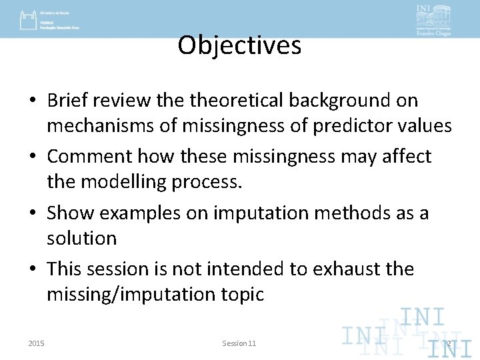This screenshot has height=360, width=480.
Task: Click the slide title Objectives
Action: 239,45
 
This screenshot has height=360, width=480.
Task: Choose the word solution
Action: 81,238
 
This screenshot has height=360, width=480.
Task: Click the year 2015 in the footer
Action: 37,343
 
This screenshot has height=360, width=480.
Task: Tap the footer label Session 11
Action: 239,343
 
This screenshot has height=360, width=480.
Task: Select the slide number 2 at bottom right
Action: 449,344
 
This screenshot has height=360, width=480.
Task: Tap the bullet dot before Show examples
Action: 33,213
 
